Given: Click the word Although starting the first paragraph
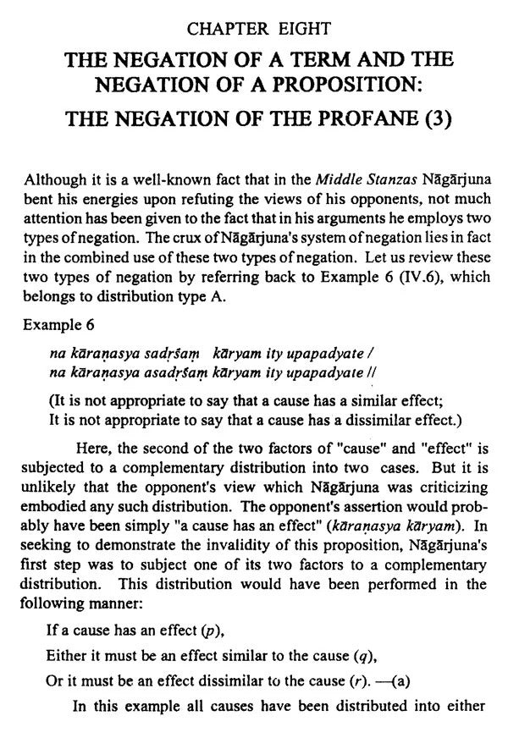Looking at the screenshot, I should [x=52, y=179].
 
